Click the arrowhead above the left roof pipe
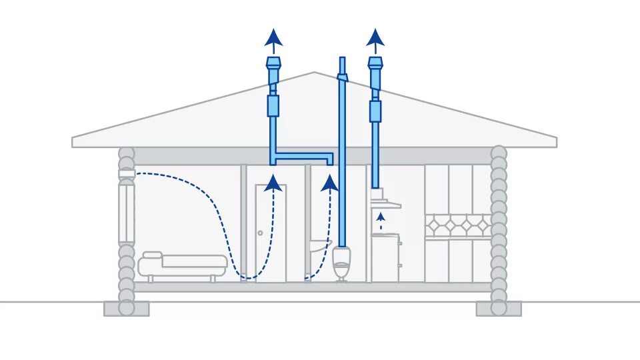273,37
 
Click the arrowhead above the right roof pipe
375,37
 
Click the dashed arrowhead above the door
271,183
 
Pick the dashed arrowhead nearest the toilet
329,183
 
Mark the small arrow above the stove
380,217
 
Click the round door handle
260,233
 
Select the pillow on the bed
152,255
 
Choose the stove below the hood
385,257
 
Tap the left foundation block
127,309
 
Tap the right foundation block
499,309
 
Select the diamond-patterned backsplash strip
457,226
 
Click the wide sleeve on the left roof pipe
273,106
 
